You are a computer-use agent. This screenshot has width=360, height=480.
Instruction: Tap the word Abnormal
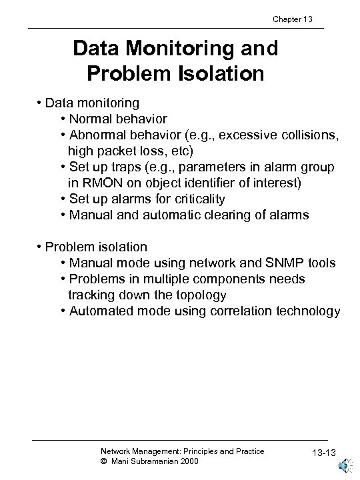pyautogui.click(x=98, y=135)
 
